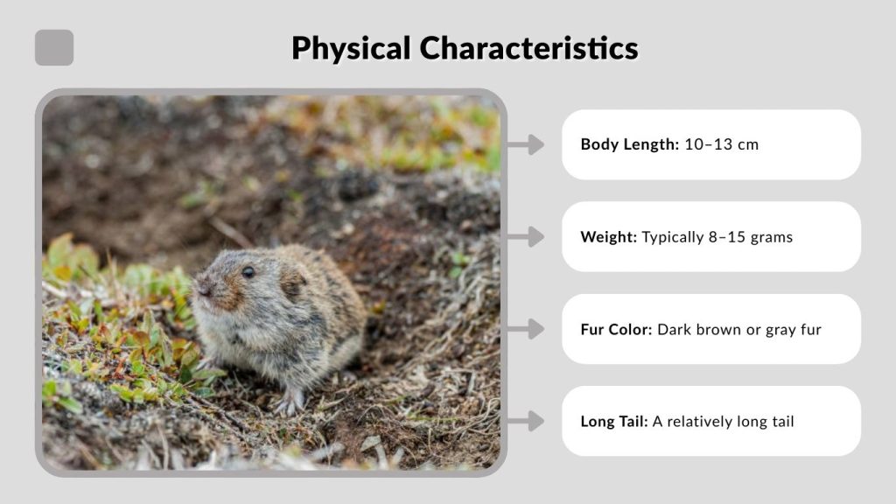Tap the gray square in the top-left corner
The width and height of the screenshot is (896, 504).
click(54, 48)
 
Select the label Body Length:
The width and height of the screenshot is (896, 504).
click(629, 144)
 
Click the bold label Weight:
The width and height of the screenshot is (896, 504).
click(608, 237)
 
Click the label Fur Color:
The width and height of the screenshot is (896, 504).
click(616, 330)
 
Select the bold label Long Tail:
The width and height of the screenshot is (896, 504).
click(614, 422)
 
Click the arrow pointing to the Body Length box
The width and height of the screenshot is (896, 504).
click(526, 144)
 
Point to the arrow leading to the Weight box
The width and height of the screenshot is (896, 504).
click(526, 237)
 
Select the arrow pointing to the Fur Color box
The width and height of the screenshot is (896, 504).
click(526, 330)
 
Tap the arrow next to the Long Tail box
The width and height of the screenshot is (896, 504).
click(526, 422)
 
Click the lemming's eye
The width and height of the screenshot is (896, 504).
click(248, 272)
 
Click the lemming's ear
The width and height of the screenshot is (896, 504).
click(291, 282)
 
